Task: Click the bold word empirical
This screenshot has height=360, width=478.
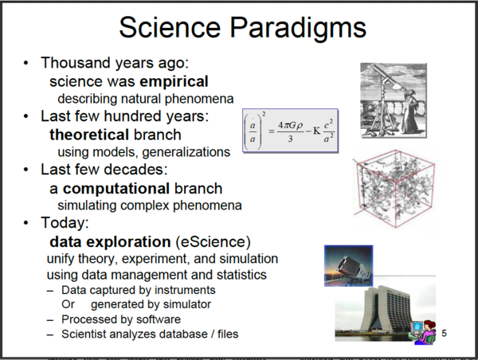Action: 174,82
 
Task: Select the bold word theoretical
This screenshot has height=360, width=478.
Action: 89,135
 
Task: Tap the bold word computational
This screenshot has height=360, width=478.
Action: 116,189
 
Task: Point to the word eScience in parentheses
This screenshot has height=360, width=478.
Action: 213,242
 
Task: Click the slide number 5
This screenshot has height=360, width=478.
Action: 445,333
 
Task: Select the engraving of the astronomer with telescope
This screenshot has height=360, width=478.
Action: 394,100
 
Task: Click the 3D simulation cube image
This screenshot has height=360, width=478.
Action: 394,189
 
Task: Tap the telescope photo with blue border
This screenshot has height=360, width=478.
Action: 348,266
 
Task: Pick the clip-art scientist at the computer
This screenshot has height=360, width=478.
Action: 423,332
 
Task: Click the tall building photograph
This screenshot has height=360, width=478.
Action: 385,311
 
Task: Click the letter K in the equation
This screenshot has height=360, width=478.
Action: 317,131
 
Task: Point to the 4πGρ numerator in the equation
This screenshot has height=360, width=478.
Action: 290,125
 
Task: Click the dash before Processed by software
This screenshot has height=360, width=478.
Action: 50,320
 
